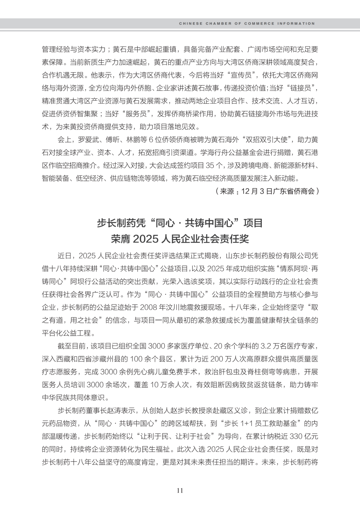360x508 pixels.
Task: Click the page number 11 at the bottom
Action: (180, 490)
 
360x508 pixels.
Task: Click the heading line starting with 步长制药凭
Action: (180, 223)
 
